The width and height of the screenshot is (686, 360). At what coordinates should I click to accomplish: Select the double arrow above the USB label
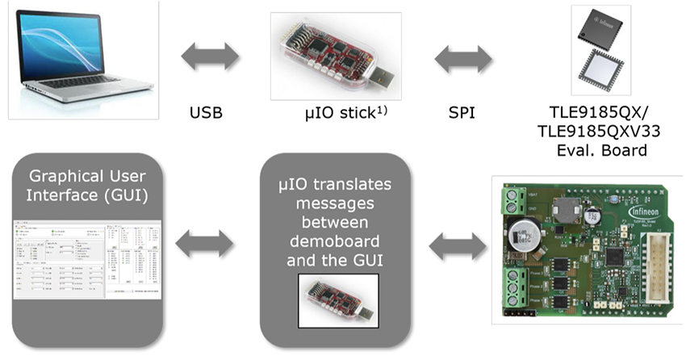pyautogui.click(x=211, y=57)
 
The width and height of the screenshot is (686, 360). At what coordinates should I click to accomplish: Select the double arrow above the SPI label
pyautogui.click(x=464, y=59)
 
